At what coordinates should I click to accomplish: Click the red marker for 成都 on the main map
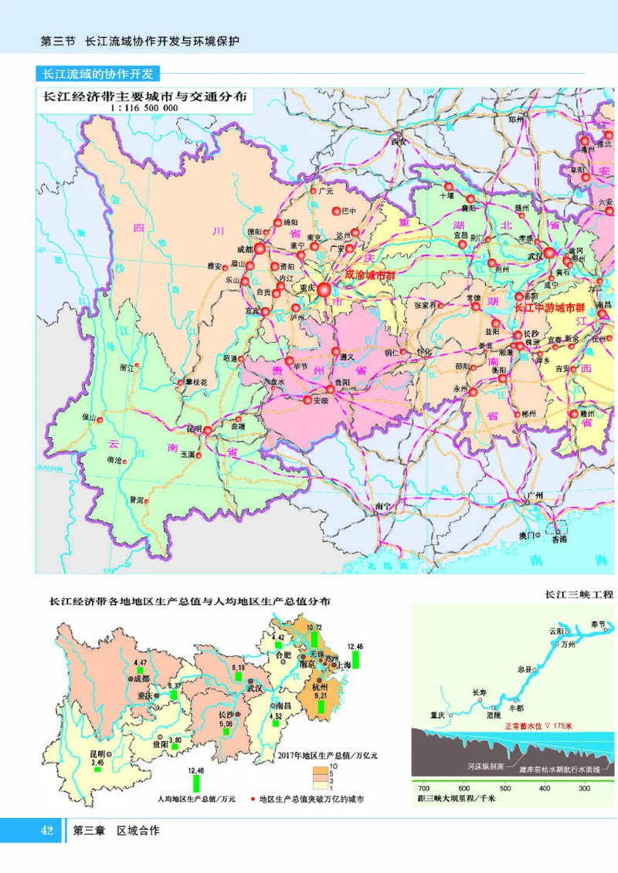tap(260, 249)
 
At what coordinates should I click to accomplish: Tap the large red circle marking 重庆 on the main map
tap(324, 289)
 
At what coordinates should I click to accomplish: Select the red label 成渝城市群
tap(375, 274)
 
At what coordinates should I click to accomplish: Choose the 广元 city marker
tap(314, 190)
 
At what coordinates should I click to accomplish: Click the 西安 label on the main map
tap(399, 142)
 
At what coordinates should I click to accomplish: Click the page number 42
tap(46, 831)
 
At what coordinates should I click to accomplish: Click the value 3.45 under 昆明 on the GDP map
tap(97, 763)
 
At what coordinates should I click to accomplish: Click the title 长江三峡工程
tap(579, 594)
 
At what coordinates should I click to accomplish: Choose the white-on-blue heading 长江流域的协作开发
tap(97, 74)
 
